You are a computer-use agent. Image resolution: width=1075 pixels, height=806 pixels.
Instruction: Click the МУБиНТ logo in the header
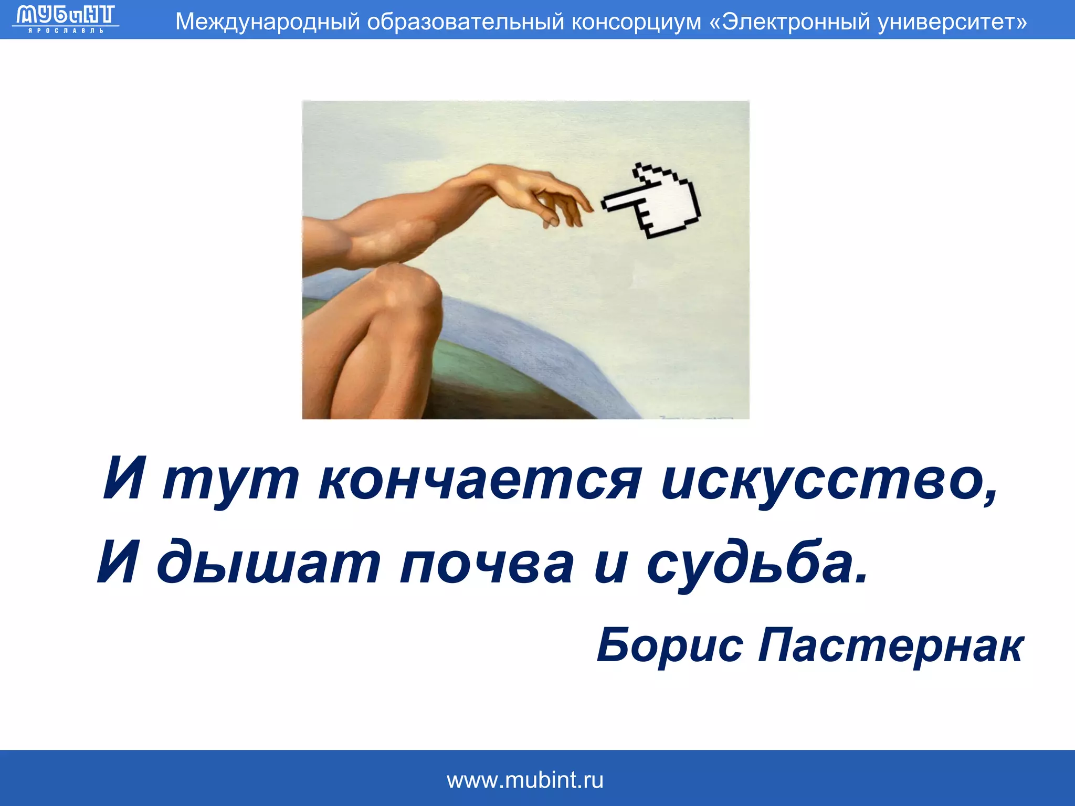point(65,18)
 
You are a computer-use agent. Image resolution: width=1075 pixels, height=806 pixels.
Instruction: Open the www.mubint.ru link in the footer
point(525,780)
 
